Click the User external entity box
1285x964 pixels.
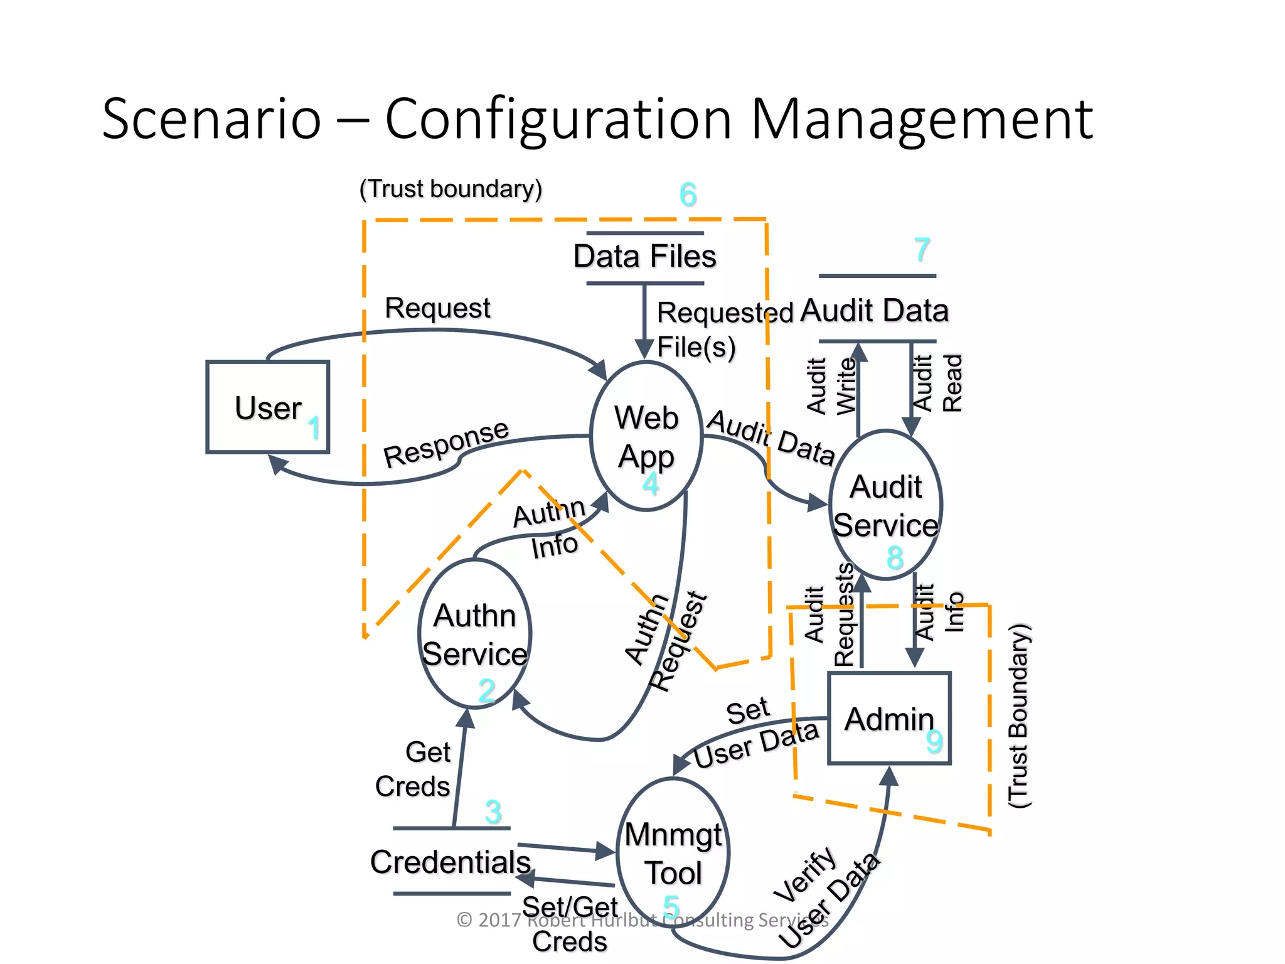point(267,407)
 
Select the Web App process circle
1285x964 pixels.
point(646,436)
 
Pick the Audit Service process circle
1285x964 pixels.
point(885,505)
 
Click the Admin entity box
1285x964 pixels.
point(889,719)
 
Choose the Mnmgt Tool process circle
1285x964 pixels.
point(673,854)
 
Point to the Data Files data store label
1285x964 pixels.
point(644,257)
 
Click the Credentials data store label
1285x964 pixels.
point(451,862)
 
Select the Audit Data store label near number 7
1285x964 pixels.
point(875,311)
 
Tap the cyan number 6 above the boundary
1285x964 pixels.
point(688,195)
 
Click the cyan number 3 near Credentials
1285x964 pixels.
point(493,811)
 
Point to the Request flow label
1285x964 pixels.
point(437,308)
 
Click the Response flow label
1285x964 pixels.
point(446,444)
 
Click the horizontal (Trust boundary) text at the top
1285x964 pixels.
point(451,189)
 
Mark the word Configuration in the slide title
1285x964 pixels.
point(558,119)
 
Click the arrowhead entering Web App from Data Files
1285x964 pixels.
point(644,349)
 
